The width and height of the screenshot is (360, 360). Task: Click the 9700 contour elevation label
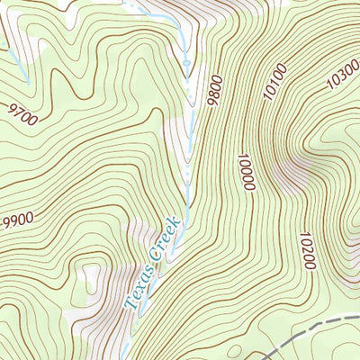[x=25, y=113]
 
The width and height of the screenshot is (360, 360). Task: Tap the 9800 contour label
[x=213, y=89]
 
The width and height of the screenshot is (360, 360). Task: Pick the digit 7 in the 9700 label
[x=21, y=112]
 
